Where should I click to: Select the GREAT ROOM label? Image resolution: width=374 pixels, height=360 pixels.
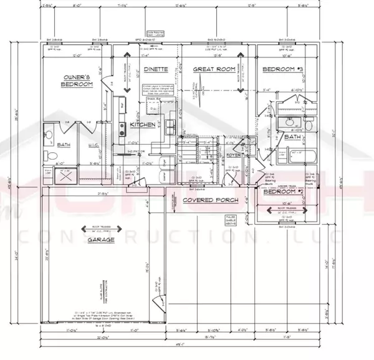pyautogui.click(x=212, y=71)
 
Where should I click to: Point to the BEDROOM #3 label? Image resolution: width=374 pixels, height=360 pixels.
pyautogui.click(x=283, y=70)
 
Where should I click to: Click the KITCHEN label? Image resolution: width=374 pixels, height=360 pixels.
pyautogui.click(x=142, y=125)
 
